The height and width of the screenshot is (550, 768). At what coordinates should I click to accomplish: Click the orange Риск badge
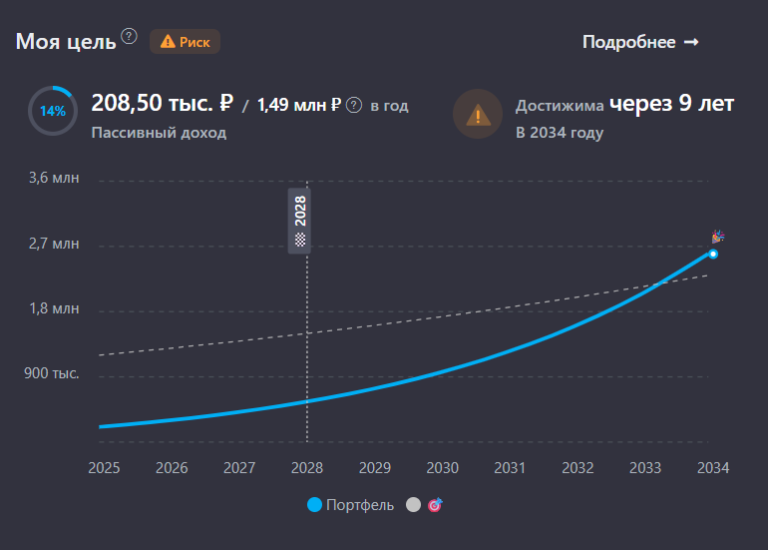tap(185, 41)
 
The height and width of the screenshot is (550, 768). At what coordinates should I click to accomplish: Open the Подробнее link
tap(640, 42)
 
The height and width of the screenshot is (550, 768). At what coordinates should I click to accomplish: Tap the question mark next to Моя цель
tap(129, 37)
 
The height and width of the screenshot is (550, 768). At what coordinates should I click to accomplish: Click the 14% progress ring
tap(53, 111)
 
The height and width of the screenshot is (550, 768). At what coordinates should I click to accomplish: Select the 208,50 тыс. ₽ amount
tap(162, 103)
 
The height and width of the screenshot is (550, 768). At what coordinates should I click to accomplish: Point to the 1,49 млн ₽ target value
tap(299, 105)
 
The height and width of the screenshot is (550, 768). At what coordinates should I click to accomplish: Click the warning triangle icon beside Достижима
tap(478, 114)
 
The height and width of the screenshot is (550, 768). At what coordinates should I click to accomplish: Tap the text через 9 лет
tap(672, 103)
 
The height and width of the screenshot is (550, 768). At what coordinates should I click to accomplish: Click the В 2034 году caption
tap(559, 133)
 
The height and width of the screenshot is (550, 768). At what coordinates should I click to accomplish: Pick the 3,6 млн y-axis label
tap(54, 179)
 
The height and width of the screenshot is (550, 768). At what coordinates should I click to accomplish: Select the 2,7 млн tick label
tap(54, 244)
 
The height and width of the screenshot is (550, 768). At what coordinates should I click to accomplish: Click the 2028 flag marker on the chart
tap(299, 221)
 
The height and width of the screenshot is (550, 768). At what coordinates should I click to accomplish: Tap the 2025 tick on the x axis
tap(104, 468)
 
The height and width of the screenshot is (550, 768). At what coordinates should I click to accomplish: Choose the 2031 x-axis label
tap(510, 468)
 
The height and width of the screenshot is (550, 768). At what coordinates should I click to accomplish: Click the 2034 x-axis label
tap(712, 468)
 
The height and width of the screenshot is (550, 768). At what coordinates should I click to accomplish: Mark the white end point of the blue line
tap(713, 254)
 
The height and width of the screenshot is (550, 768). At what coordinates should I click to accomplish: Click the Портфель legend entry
tap(351, 505)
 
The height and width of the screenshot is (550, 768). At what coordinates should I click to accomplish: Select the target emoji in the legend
tap(435, 505)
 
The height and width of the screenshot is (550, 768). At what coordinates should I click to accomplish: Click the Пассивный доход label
tap(159, 133)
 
